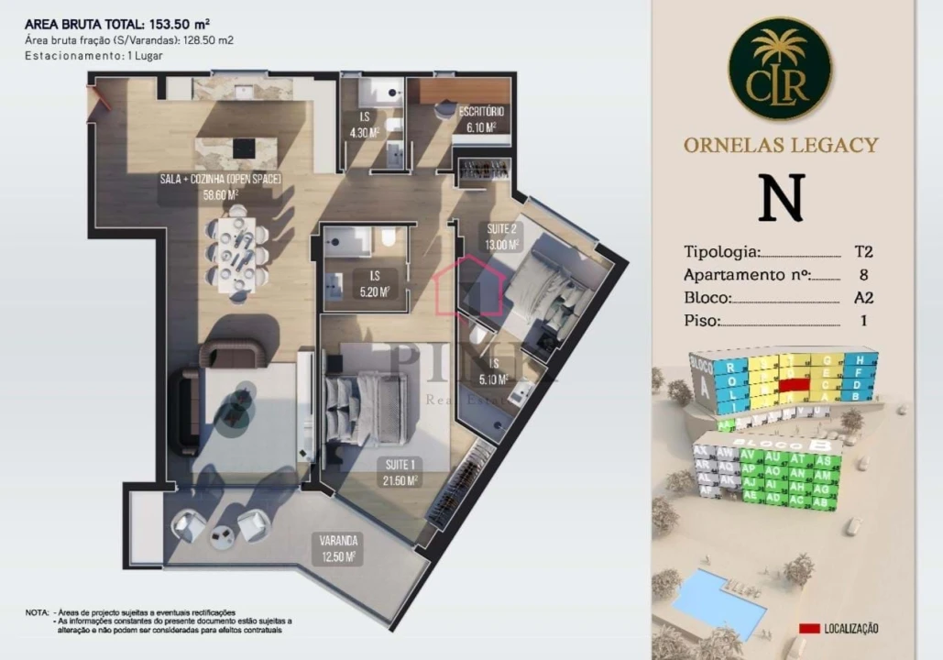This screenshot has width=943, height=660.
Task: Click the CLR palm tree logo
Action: [x=780, y=68]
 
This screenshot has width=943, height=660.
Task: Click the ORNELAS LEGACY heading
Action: [x=781, y=145]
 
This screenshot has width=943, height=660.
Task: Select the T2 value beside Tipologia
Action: [x=861, y=251]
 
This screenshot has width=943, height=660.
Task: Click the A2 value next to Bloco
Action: [x=861, y=298]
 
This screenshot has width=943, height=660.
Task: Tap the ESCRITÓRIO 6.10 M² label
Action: [x=480, y=118]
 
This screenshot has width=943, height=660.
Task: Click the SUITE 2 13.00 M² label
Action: [x=502, y=236]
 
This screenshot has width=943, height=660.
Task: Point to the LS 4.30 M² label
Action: [x=364, y=124]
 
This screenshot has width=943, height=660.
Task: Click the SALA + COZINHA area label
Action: [x=220, y=186]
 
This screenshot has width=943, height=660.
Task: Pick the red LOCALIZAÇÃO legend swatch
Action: [x=809, y=629]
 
